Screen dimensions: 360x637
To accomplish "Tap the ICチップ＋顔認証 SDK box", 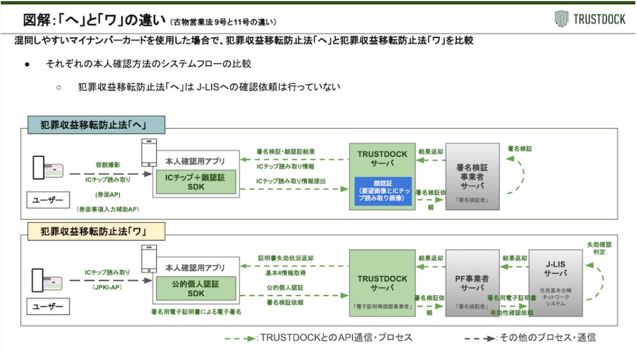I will pos(195,181).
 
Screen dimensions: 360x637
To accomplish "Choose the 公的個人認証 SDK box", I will pos(195,289).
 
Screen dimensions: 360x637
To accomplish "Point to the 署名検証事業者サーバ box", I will pos(472,176).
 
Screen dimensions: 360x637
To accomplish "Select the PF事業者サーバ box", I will pos(472,283).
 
